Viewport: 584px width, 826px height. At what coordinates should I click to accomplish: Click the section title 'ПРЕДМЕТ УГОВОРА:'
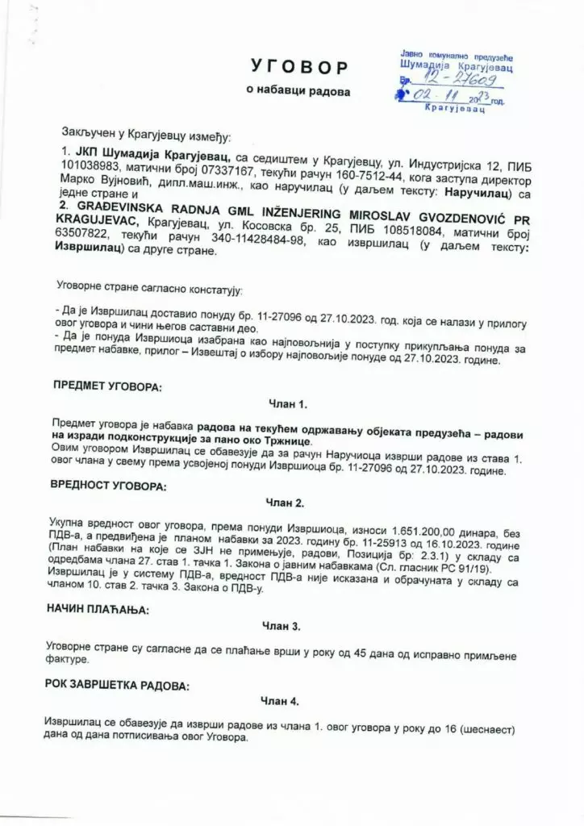click(107, 386)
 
